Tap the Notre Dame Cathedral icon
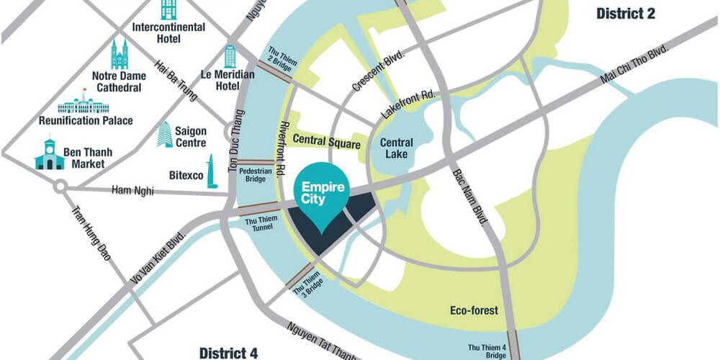coord(119,53)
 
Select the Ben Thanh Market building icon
coord(49,155)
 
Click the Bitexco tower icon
coord(212,171)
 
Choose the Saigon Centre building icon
coord(165,135)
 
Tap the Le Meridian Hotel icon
coord(230,57)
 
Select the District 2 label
coord(626,13)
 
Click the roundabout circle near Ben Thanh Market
coord(60,186)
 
